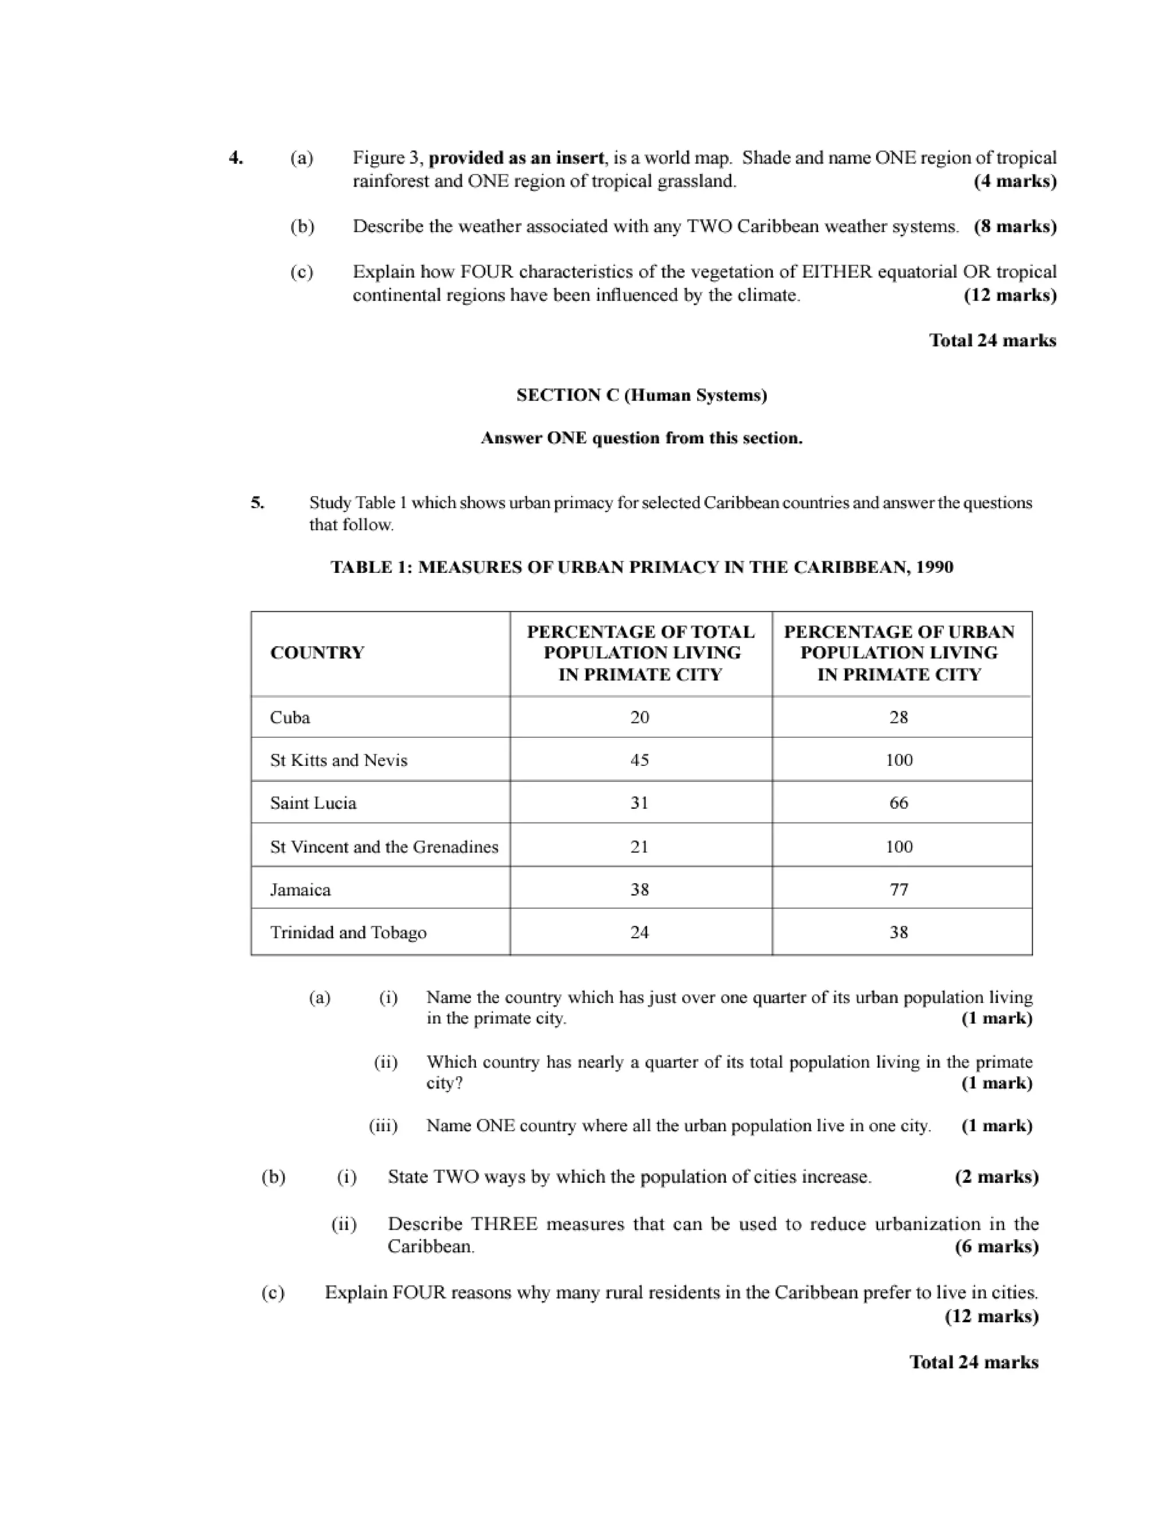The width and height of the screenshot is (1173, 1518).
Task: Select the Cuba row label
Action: [290, 717]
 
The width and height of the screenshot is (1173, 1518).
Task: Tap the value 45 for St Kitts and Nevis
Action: [639, 760]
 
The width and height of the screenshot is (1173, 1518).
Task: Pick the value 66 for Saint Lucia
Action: [899, 803]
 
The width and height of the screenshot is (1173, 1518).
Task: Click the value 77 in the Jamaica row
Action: [899, 890]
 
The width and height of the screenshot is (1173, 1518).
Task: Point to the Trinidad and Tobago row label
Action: [348, 932]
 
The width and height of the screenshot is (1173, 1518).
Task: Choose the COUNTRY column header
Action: [317, 652]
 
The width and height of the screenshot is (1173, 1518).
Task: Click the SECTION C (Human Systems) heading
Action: [641, 395]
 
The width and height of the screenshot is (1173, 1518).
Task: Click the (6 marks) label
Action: [997, 1246]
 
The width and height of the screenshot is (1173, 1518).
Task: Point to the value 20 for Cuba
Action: [639, 717]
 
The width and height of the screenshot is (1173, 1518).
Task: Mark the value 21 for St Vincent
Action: [639, 847]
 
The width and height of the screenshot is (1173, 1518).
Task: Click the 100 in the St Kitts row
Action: [899, 760]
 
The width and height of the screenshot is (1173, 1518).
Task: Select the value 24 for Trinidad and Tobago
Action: [639, 932]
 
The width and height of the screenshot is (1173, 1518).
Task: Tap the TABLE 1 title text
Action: [641, 567]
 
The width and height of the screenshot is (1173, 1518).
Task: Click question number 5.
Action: [258, 502]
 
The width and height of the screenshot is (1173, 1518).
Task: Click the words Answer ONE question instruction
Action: [641, 439]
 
